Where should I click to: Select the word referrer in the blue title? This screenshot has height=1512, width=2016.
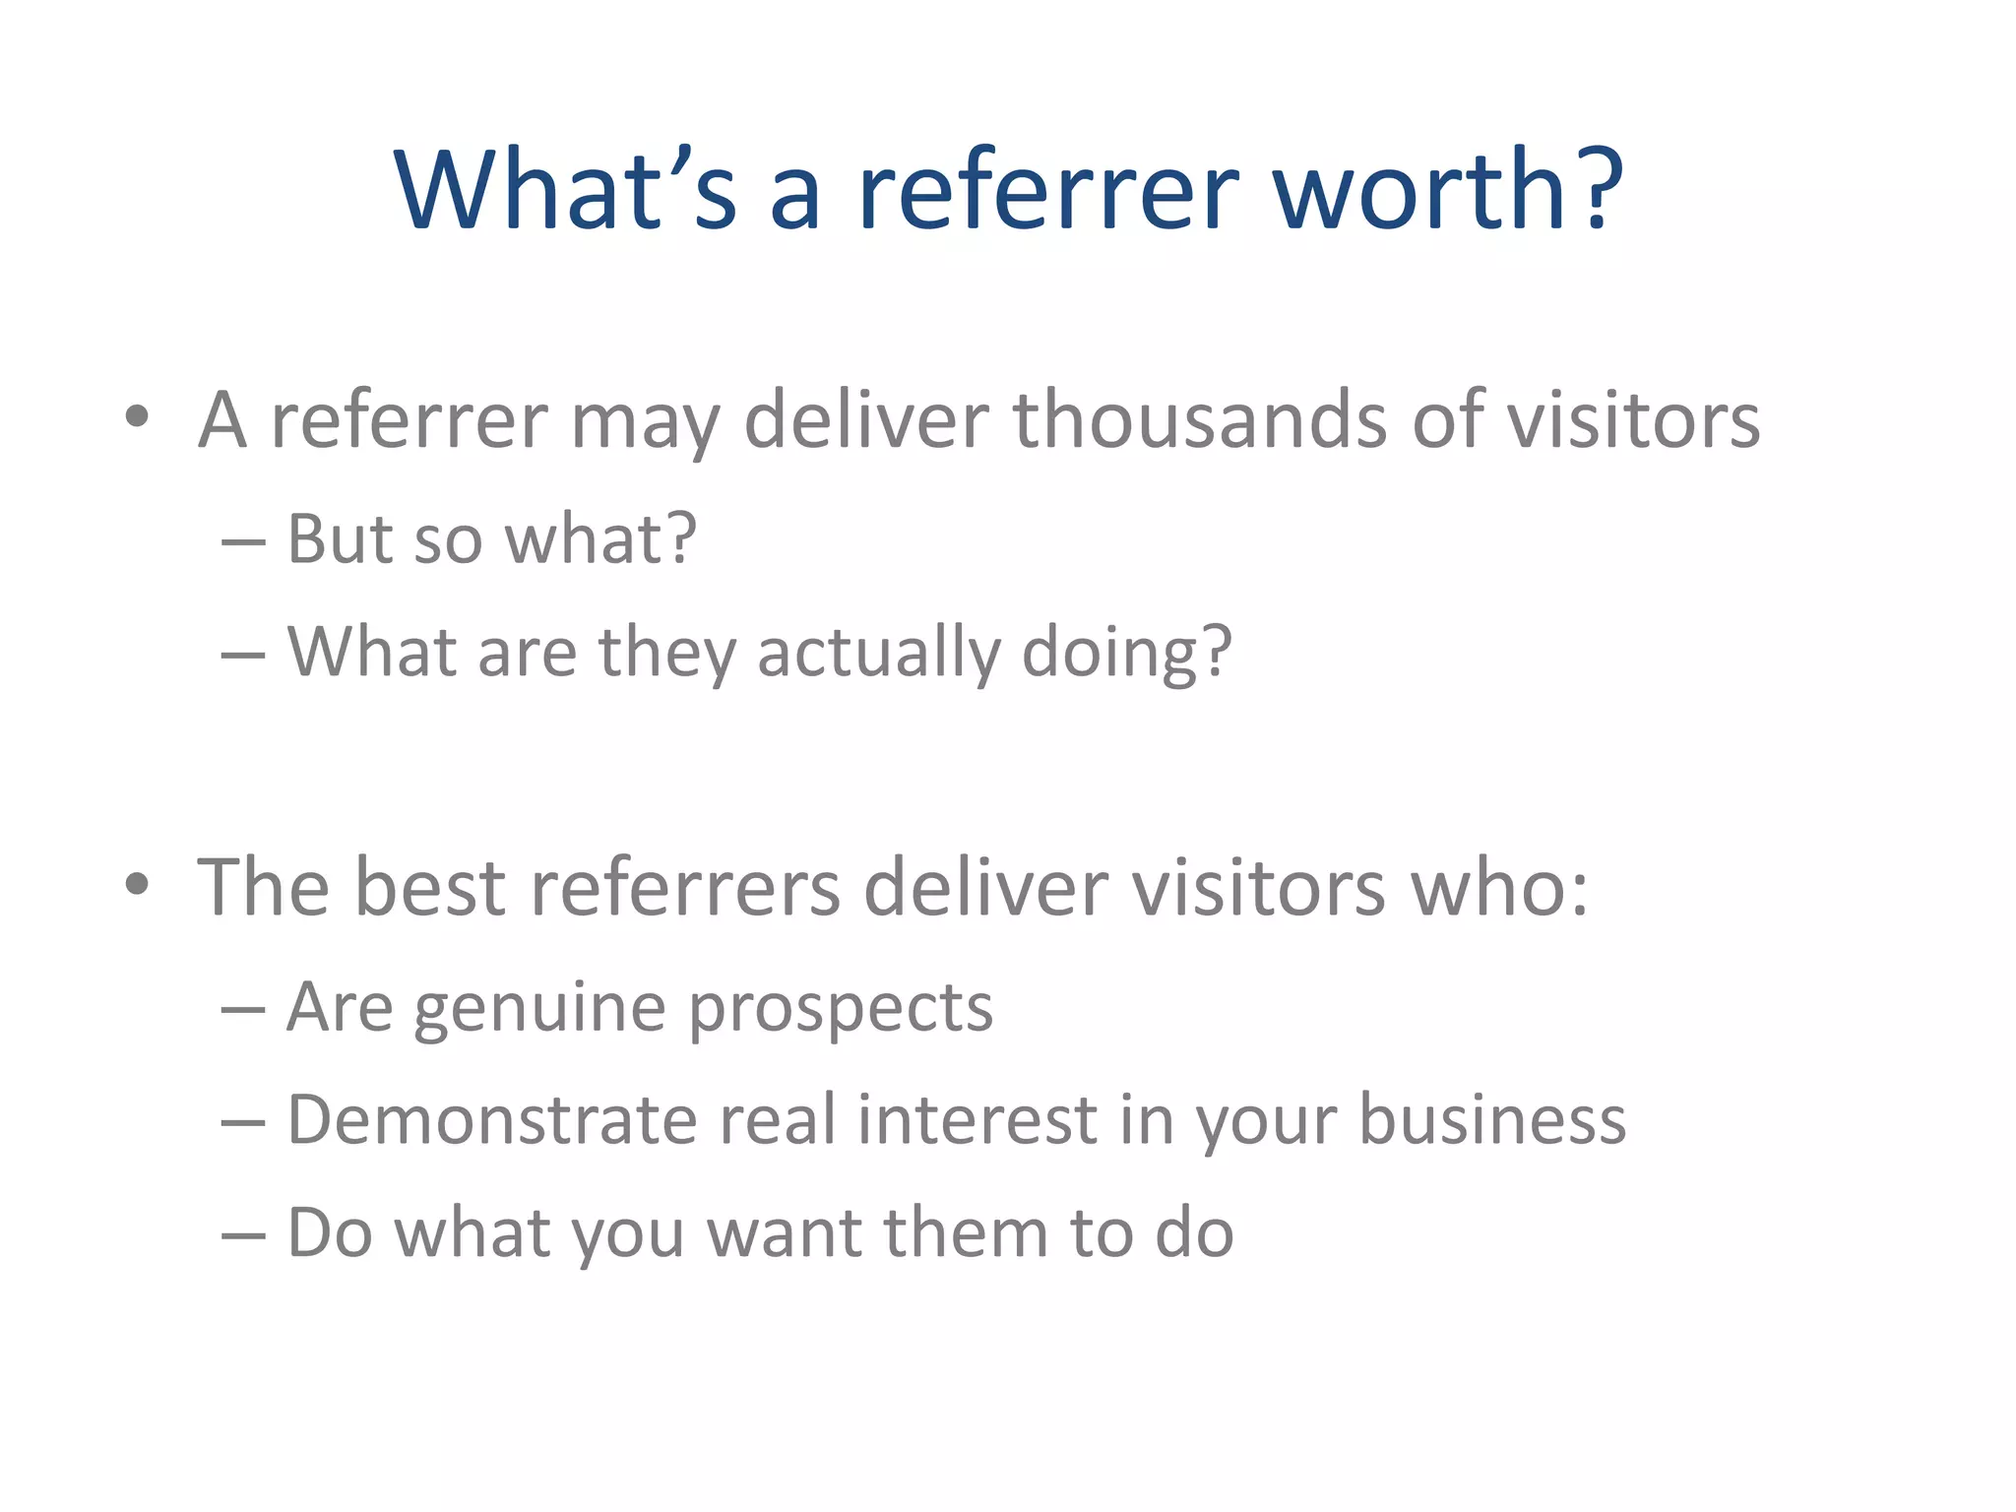pos(1046,189)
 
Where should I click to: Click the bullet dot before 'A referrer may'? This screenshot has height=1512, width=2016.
pos(137,416)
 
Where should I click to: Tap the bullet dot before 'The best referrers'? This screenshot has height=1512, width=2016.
pos(137,883)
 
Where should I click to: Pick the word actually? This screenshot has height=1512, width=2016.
pos(878,653)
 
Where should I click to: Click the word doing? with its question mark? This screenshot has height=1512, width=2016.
pos(1127,653)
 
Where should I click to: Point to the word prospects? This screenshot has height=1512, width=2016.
pos(841,1009)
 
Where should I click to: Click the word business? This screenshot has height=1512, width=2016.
pos(1492,1120)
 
